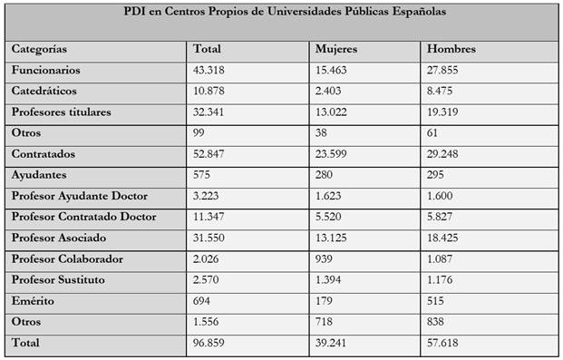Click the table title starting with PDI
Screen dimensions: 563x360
coord(281,14)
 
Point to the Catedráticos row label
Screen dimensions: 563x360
coord(45,91)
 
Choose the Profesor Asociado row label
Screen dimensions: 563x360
coord(59,238)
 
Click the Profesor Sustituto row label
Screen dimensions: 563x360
coord(58,279)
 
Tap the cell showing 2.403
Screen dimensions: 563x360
coord(329,91)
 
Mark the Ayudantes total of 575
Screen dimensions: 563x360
coord(204,175)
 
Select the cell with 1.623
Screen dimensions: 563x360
coord(329,196)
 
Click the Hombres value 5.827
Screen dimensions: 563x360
coord(443,217)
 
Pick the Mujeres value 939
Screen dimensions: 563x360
coord(324,258)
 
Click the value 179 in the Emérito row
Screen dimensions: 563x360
coord(324,300)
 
